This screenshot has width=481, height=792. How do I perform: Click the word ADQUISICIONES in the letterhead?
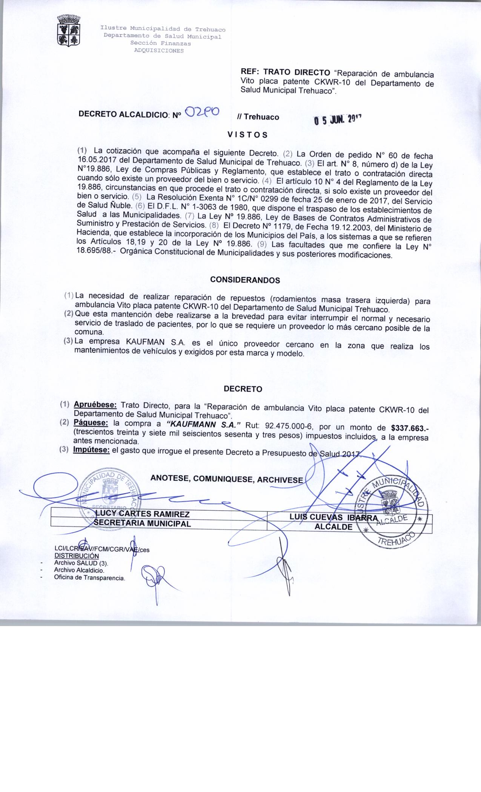click(159, 51)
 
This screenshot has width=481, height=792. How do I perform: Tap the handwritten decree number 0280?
click(204, 112)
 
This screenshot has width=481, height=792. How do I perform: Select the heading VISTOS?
click(247, 135)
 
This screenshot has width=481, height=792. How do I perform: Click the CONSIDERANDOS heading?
click(245, 280)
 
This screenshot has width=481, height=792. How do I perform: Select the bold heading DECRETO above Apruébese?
click(243, 389)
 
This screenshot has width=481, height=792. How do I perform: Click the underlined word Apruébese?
click(95, 405)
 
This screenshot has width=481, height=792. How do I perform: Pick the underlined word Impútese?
click(92, 450)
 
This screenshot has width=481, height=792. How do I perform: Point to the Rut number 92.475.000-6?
click(290, 426)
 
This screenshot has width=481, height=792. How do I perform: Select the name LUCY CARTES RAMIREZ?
click(142, 514)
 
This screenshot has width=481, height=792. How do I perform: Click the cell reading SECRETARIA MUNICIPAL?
click(142, 523)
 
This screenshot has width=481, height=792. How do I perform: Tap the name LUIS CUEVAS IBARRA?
click(333, 518)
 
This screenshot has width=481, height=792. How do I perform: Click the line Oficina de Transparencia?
click(89, 578)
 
